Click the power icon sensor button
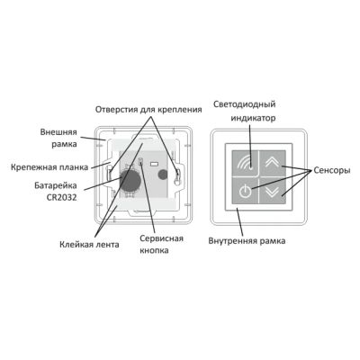pyautogui.click(x=245, y=191)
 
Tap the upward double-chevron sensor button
pyautogui.click(x=273, y=164)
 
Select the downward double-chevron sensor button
pyautogui.click(x=273, y=191)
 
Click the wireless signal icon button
pyautogui.click(x=245, y=164)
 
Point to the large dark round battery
pyautogui.click(x=130, y=180)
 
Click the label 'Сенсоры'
pyautogui.click(x=332, y=170)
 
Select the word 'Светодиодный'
pyautogui.click(x=244, y=104)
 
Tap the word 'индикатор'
pyautogui.click(x=253, y=118)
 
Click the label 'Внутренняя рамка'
pyautogui.click(x=247, y=240)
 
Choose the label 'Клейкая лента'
pyautogui.click(x=89, y=244)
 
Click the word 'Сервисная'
pyautogui.click(x=161, y=238)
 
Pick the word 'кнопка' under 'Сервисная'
pyautogui.click(x=154, y=250)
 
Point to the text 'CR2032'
pyautogui.click(x=62, y=198)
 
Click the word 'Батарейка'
pyautogui.click(x=56, y=185)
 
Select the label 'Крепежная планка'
pyautogui.click(x=49, y=167)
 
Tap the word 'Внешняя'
pyautogui.click(x=58, y=132)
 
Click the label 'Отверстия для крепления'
pyautogui.click(x=148, y=110)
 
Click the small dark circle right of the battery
pyautogui.click(x=163, y=175)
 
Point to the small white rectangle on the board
pyautogui.click(x=155, y=164)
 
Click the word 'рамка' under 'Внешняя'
pyautogui.click(x=64, y=144)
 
